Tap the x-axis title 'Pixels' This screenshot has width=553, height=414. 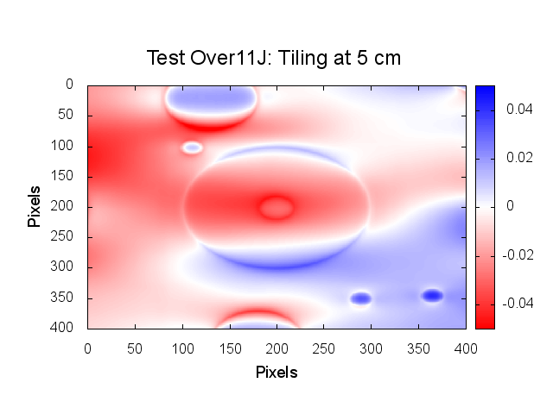pyautogui.click(x=276, y=373)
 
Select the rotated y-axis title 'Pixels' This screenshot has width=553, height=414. pyautogui.click(x=35, y=205)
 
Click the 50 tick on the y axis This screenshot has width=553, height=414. pyautogui.click(x=72, y=115)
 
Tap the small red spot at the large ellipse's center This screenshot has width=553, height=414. pyautogui.click(x=276, y=207)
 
